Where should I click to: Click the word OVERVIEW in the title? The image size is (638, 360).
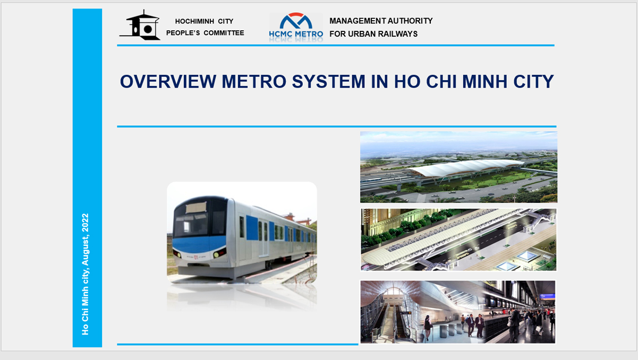[168, 82]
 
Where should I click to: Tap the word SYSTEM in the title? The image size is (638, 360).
[328, 82]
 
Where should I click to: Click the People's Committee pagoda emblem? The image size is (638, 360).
[140, 25]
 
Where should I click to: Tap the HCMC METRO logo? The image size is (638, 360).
[296, 27]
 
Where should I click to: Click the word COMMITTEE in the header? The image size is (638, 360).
[224, 33]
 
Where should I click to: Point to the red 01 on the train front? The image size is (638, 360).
[196, 258]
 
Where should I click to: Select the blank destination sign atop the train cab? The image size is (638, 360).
[196, 208]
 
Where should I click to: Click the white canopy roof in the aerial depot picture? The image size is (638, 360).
[466, 167]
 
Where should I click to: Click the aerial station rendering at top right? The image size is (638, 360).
[458, 167]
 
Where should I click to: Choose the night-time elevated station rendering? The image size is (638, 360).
[458, 239]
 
